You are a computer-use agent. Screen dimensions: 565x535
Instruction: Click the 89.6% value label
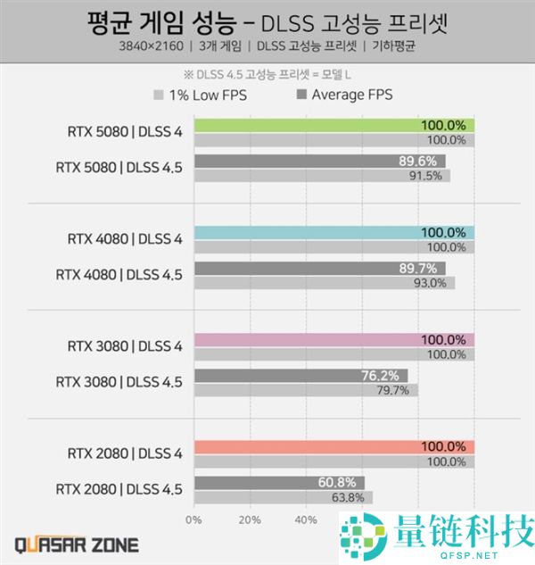coord(422,162)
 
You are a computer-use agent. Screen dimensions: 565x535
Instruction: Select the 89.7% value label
coord(422,269)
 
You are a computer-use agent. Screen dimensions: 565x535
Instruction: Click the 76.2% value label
coord(384,376)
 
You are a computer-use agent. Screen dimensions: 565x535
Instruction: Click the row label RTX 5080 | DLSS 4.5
coord(119,168)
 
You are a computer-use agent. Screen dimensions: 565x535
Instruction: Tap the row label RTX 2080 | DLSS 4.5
coord(119,489)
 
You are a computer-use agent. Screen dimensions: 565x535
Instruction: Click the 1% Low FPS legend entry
coord(201,95)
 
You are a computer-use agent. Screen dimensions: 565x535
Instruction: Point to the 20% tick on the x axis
coord(250,519)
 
